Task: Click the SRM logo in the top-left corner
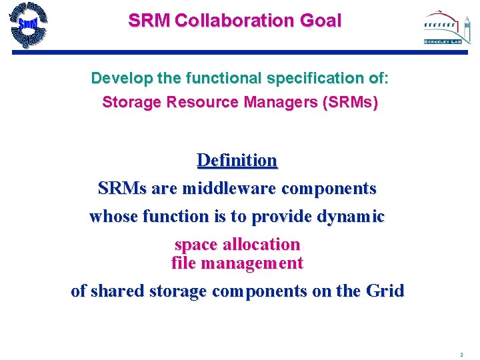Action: point(28,25)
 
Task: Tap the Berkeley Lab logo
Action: point(442,28)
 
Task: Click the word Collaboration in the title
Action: point(225,21)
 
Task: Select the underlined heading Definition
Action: point(237,161)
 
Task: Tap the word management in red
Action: point(257,263)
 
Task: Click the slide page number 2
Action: point(461,355)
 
